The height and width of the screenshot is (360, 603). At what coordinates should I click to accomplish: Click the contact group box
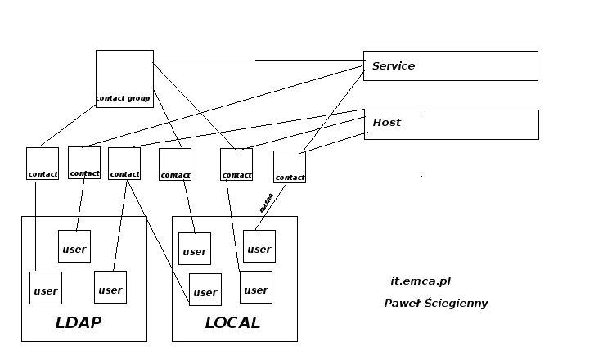coord(124,79)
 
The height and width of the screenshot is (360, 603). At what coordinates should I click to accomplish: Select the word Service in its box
coord(394,66)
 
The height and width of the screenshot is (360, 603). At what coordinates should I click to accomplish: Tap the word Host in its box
coord(387,123)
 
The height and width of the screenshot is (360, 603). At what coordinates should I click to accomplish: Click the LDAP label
coord(79,322)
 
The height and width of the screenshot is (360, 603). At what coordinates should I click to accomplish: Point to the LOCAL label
coord(232,322)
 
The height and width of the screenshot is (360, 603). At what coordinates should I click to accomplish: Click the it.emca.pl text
coord(421,281)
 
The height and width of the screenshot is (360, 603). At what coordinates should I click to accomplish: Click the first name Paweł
coord(402,304)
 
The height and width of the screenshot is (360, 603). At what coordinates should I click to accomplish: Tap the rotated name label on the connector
coord(265,203)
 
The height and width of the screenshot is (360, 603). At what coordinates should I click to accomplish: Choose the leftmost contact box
coord(43,163)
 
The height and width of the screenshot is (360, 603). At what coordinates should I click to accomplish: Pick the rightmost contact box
coord(290,167)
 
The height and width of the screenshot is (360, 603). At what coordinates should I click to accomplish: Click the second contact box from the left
coord(84,162)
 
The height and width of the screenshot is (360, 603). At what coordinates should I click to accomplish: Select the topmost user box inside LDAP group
coord(74,246)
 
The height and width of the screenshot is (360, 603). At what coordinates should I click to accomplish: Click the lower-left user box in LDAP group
coord(46,288)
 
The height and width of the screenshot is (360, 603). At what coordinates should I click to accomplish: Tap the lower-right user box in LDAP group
coord(110,287)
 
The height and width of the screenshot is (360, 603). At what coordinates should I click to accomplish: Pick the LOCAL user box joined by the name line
coord(259,246)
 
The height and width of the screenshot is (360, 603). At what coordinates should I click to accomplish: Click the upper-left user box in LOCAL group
coord(195,249)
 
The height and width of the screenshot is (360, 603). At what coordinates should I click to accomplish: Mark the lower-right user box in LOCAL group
coord(256,287)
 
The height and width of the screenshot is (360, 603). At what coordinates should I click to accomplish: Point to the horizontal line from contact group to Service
coord(258,61)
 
